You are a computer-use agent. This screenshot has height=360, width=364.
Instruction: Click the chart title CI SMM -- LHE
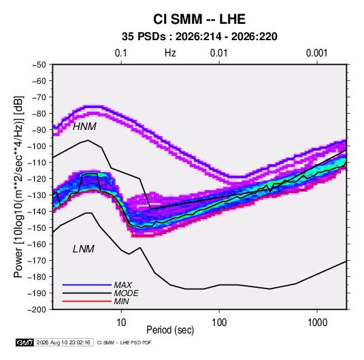point(199,19)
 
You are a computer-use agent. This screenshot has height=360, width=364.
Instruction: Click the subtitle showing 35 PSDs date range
point(199,37)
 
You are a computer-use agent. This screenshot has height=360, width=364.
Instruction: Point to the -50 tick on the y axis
point(39,65)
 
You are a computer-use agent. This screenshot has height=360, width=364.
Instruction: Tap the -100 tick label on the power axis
point(37,146)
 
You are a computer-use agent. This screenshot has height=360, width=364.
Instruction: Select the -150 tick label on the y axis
point(37,228)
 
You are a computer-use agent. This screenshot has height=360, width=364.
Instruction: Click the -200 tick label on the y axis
point(37,310)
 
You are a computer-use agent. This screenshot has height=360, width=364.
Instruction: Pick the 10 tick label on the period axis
point(121,323)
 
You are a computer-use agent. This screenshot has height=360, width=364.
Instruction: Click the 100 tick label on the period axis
point(219,323)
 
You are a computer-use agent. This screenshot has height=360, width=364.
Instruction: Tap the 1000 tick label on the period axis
point(317,323)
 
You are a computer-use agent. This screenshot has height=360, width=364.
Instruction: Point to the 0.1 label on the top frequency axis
point(121,53)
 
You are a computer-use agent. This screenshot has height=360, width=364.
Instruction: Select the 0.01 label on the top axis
point(218,53)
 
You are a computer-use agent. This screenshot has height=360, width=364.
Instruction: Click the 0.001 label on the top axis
point(316,53)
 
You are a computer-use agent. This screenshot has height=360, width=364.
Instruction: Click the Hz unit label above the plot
point(170,53)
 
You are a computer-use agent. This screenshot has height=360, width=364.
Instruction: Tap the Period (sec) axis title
point(170,330)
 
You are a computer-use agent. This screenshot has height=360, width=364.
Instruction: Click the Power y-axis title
point(18,186)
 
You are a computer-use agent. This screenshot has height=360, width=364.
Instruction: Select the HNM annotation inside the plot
point(84,127)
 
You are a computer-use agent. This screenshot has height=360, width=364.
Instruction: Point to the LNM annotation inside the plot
point(84,249)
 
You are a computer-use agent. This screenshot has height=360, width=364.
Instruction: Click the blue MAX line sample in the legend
point(87,284)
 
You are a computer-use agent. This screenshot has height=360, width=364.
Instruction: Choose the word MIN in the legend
point(121,301)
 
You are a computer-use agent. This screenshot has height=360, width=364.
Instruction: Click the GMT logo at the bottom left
point(24,342)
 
